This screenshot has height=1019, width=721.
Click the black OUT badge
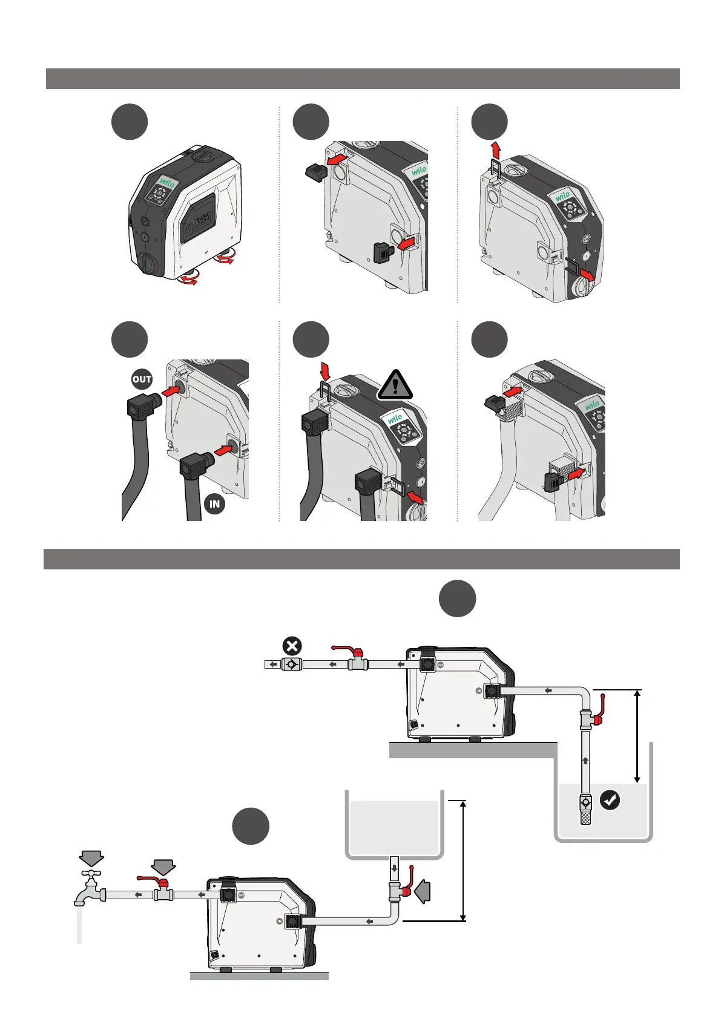[x=142, y=379]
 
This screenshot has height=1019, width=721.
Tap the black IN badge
[x=214, y=503]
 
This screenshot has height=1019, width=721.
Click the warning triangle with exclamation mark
[x=395, y=385]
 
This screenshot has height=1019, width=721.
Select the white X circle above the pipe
[x=292, y=646]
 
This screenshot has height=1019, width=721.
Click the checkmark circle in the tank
[x=610, y=801]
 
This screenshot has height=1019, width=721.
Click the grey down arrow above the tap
[x=91, y=858]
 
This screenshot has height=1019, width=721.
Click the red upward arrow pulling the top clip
[x=496, y=148]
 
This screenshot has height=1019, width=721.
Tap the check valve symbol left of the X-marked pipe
[x=292, y=664]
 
